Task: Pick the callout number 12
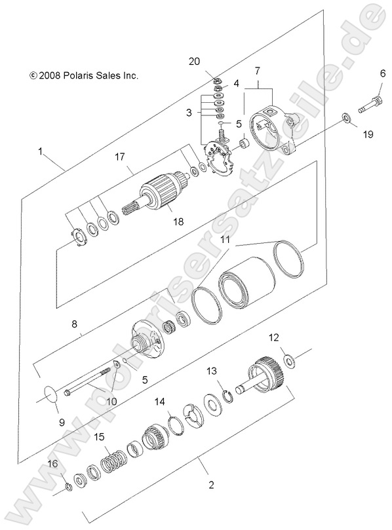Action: point(274,337)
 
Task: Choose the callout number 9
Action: point(62,423)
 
